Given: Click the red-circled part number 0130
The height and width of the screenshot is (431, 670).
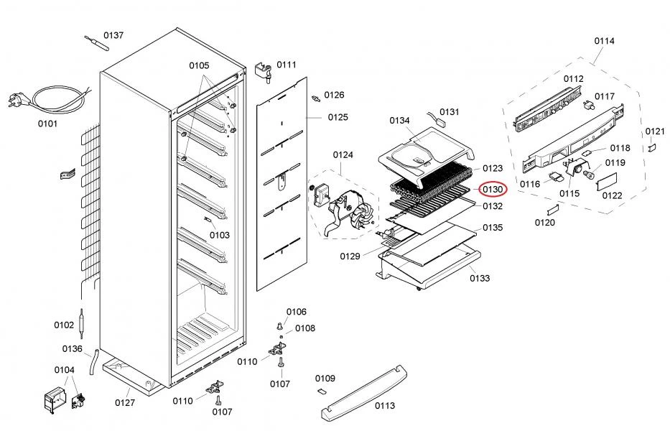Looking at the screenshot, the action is click(x=492, y=189).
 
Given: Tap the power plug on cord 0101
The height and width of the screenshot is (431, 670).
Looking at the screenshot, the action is click(x=15, y=101).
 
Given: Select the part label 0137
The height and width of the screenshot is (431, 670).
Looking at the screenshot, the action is click(x=113, y=35).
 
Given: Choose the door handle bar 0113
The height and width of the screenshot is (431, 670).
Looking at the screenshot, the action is click(x=364, y=392).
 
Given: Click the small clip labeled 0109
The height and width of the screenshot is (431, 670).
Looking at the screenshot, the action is click(x=321, y=390).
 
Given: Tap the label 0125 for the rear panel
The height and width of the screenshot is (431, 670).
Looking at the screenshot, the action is click(x=338, y=117).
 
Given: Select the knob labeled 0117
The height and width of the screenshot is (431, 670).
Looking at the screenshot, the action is click(x=588, y=105).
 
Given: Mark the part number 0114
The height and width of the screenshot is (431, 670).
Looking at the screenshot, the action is click(x=604, y=41).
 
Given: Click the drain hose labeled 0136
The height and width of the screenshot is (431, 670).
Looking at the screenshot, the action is click(x=93, y=362).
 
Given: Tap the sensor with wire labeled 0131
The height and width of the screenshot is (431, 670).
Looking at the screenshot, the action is click(x=435, y=118).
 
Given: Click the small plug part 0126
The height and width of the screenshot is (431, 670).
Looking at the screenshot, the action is click(x=316, y=99).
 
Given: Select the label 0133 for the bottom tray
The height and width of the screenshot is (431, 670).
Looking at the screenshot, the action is click(x=480, y=279).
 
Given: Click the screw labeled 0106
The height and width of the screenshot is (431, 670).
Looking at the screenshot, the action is click(x=280, y=326).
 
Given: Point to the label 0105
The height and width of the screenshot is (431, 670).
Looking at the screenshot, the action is click(x=199, y=65).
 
